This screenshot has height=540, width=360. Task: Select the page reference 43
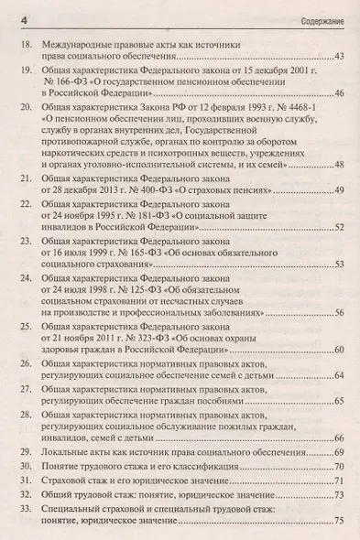(338, 58)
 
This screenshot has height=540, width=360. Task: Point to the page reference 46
(338, 94)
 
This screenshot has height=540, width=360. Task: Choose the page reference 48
(338, 164)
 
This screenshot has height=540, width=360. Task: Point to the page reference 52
(338, 226)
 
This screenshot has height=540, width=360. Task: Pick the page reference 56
(338, 314)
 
